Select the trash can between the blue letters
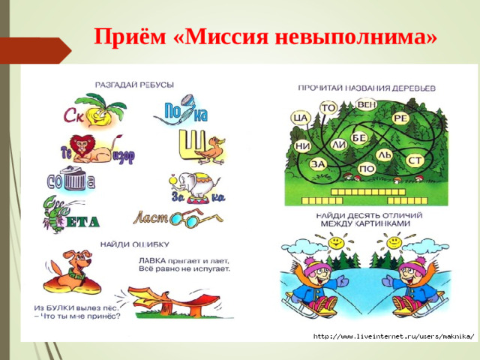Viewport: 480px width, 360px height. tap(74, 180)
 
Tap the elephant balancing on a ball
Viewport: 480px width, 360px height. tap(193, 184)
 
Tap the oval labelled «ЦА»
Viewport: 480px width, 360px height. tap(303, 118)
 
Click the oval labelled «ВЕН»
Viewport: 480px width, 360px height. tap(367, 103)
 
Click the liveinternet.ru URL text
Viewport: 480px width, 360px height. tap(393, 335)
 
